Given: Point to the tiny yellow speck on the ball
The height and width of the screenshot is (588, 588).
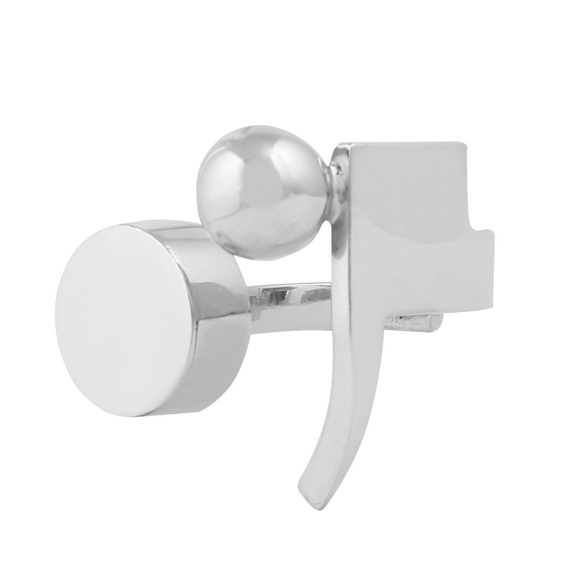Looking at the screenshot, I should (245, 196).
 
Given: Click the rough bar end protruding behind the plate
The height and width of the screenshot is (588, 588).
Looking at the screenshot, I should (419, 324).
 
